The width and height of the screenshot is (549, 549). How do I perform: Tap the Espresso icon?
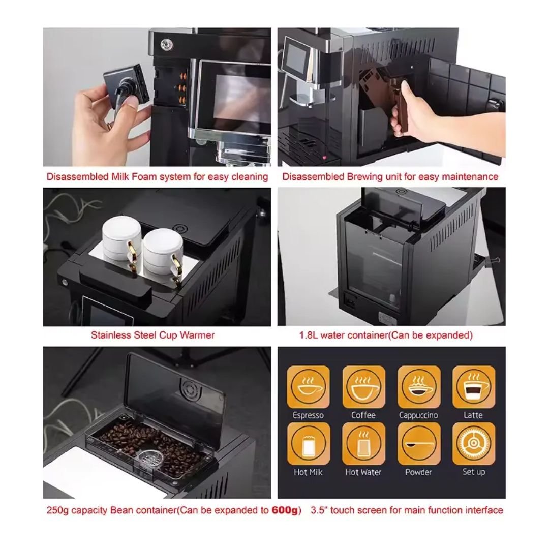tap(308, 387)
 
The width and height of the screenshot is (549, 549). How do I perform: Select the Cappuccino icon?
tap(419, 387)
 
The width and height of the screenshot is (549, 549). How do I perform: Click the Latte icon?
tap(474, 387)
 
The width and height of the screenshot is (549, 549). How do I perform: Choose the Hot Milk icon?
tap(308, 444)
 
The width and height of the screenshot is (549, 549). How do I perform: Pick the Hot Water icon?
tap(363, 444)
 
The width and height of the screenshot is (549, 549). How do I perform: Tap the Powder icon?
tap(419, 444)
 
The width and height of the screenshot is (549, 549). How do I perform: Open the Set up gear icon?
tap(474, 444)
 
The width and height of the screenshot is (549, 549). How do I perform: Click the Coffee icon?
tap(363, 387)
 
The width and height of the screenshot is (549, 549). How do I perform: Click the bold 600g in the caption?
tap(284, 510)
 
